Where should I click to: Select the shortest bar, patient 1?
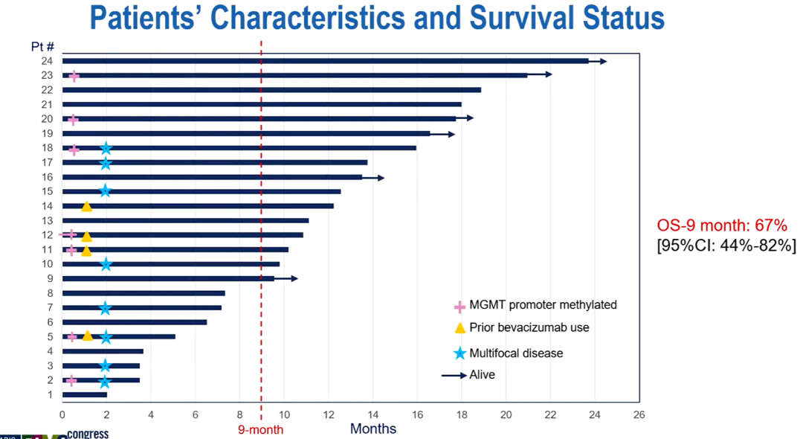coord(85,394)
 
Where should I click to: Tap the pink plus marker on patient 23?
coord(74,76)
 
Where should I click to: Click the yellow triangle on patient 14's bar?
coord(86,206)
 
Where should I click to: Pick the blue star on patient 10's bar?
coord(106,263)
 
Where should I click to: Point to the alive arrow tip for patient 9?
coord(296,278)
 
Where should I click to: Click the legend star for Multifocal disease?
coord(459,353)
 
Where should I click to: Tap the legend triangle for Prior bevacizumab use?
coord(459,327)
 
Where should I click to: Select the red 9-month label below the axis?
coord(261,429)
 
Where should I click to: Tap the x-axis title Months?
coord(373,429)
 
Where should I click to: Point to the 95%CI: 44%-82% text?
coord(726,246)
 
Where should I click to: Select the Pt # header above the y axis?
coord(42,47)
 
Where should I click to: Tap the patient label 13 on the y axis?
coord(47,220)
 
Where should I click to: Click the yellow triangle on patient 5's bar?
coord(87,336)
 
